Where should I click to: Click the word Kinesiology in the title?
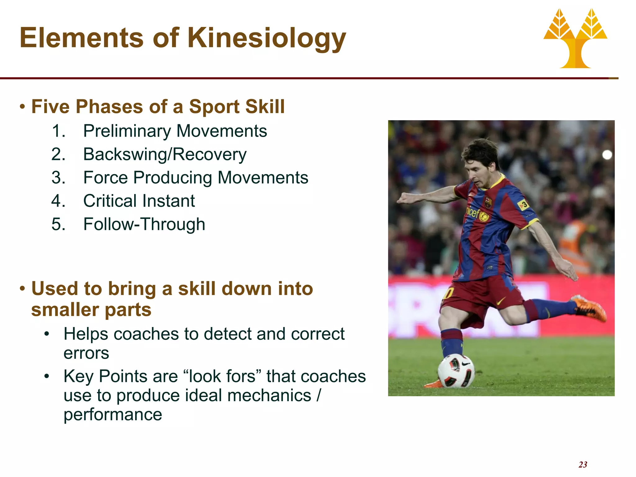coord(266,38)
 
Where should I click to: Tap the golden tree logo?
coord(575,39)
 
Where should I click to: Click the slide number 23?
coord(583,465)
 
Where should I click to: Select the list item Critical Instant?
coord(139,201)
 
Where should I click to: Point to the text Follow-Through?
coord(144,224)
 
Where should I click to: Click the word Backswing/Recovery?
coord(165,154)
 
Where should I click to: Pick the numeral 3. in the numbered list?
coord(58,178)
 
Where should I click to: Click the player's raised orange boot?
coord(589,308)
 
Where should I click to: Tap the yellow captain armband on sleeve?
coord(523,205)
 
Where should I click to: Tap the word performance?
coord(113,415)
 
